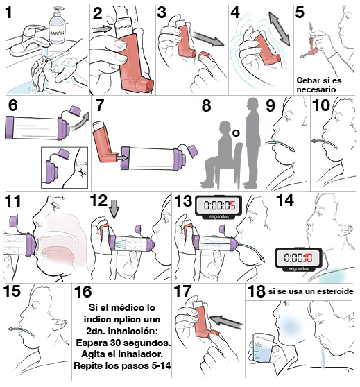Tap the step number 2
98,13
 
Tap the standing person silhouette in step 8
251,142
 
